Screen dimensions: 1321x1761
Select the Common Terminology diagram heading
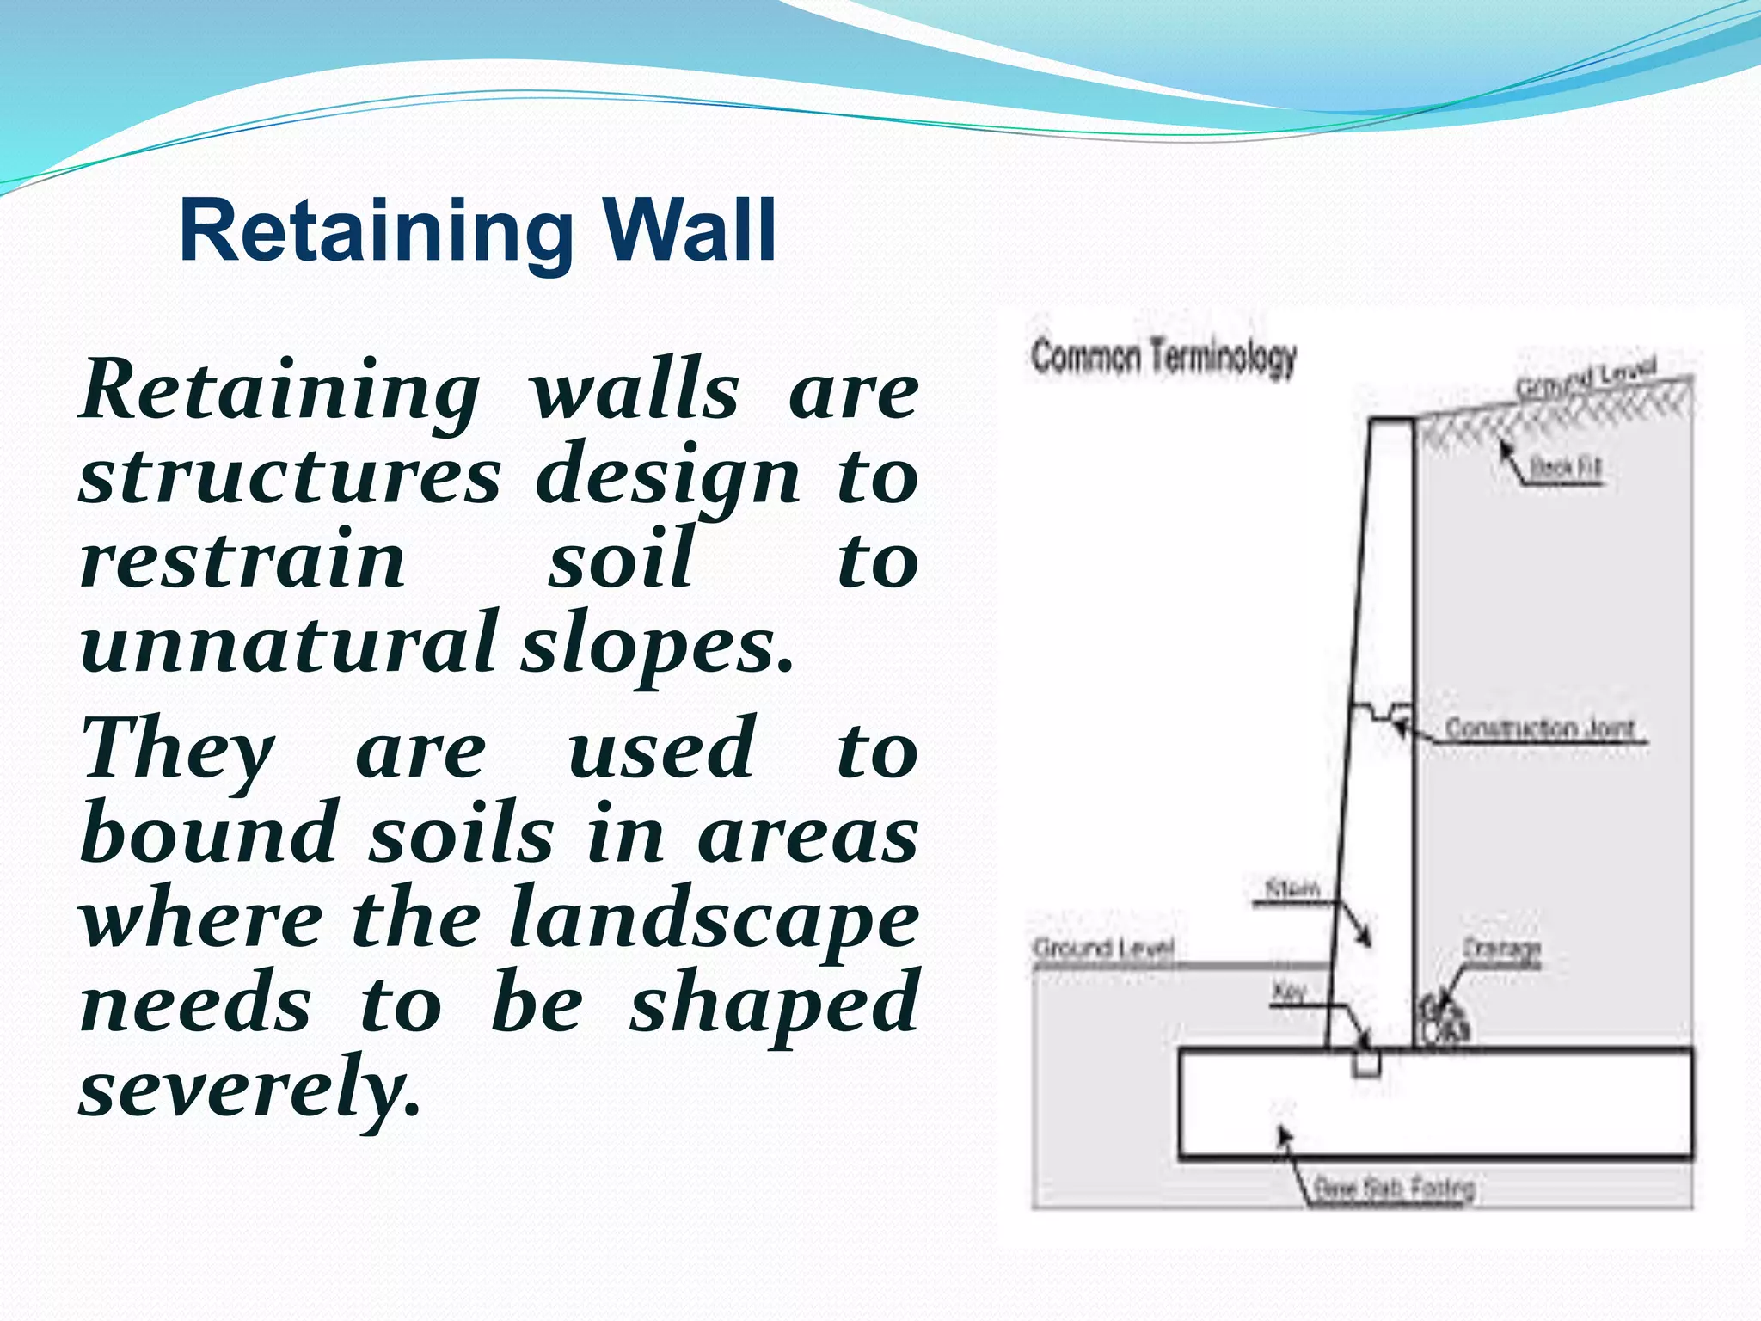click(x=1163, y=357)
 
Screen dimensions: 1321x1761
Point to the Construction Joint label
click(x=1539, y=728)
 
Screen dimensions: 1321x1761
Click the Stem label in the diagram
click(x=1292, y=888)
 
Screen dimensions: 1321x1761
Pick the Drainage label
click(x=1501, y=949)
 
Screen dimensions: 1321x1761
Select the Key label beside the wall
click(x=1288, y=993)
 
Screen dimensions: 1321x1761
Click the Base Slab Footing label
click(x=1393, y=1189)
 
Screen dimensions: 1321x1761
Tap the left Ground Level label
click(x=1103, y=949)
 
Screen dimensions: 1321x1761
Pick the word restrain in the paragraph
click(x=242, y=560)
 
